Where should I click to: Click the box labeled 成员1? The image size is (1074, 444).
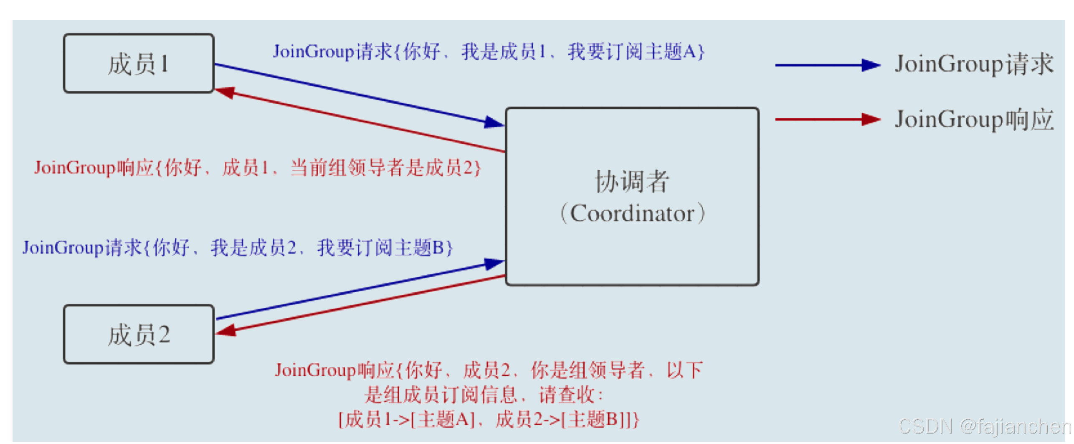click(x=139, y=64)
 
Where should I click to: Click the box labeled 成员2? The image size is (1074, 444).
click(x=139, y=334)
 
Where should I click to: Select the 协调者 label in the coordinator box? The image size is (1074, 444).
click(x=632, y=181)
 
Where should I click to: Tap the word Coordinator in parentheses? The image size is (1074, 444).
click(x=632, y=214)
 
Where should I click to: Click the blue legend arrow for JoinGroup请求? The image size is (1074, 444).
click(x=827, y=65)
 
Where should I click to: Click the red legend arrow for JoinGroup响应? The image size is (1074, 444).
click(x=827, y=120)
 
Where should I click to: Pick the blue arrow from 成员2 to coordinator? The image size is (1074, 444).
click(x=359, y=290)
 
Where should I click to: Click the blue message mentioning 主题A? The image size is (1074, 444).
click(x=489, y=52)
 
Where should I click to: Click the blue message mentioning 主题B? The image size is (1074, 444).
click(x=238, y=248)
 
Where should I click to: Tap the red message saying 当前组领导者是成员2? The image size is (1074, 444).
click(x=257, y=168)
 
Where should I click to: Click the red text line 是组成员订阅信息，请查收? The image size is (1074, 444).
click(x=484, y=395)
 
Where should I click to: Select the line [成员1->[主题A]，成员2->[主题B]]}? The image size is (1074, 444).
click(x=489, y=419)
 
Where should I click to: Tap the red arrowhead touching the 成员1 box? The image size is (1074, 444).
click(x=225, y=92)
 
